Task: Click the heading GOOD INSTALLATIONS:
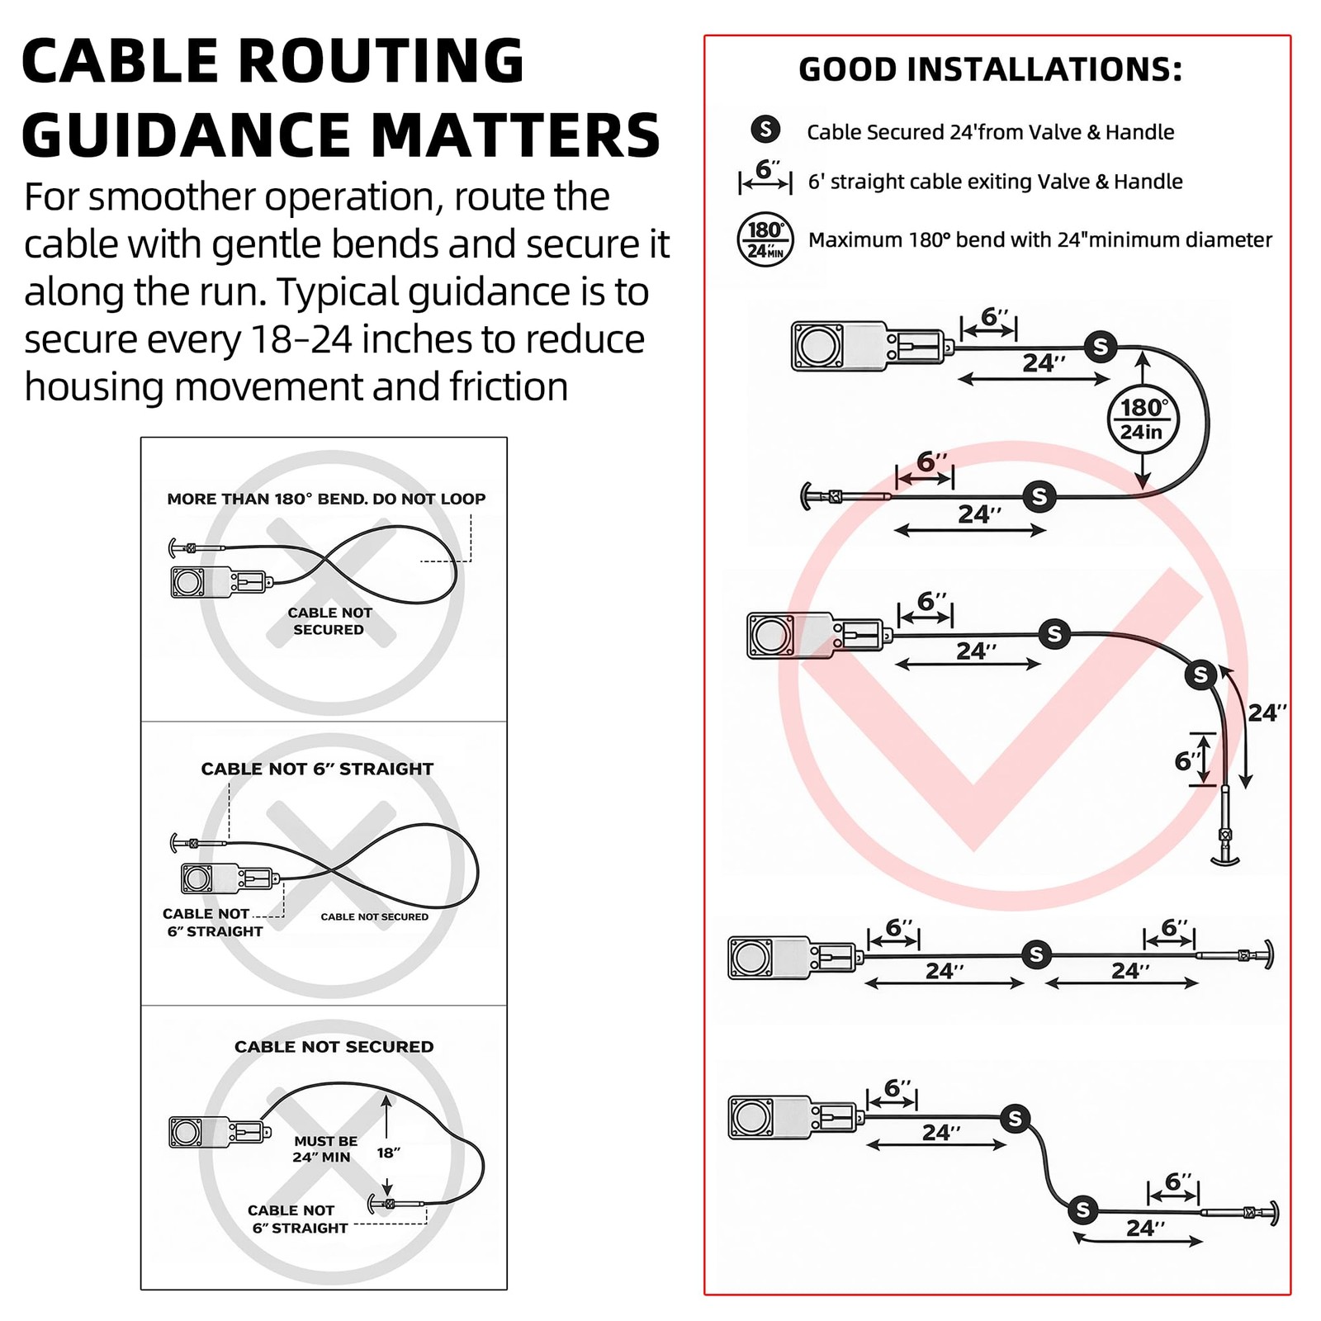tap(990, 69)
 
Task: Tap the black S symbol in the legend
tap(765, 130)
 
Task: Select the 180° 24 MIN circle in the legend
tap(765, 240)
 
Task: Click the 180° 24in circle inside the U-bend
tap(1142, 419)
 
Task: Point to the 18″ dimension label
tap(388, 1153)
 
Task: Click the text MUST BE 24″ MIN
tap(325, 1148)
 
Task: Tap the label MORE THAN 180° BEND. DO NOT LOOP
tap(326, 499)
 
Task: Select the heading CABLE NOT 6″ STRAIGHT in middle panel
tap(317, 769)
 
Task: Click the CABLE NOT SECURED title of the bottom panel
tap(334, 1047)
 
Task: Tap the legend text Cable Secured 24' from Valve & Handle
tap(990, 132)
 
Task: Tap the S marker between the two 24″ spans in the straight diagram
tap(1035, 954)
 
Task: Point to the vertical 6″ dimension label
tap(1187, 760)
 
